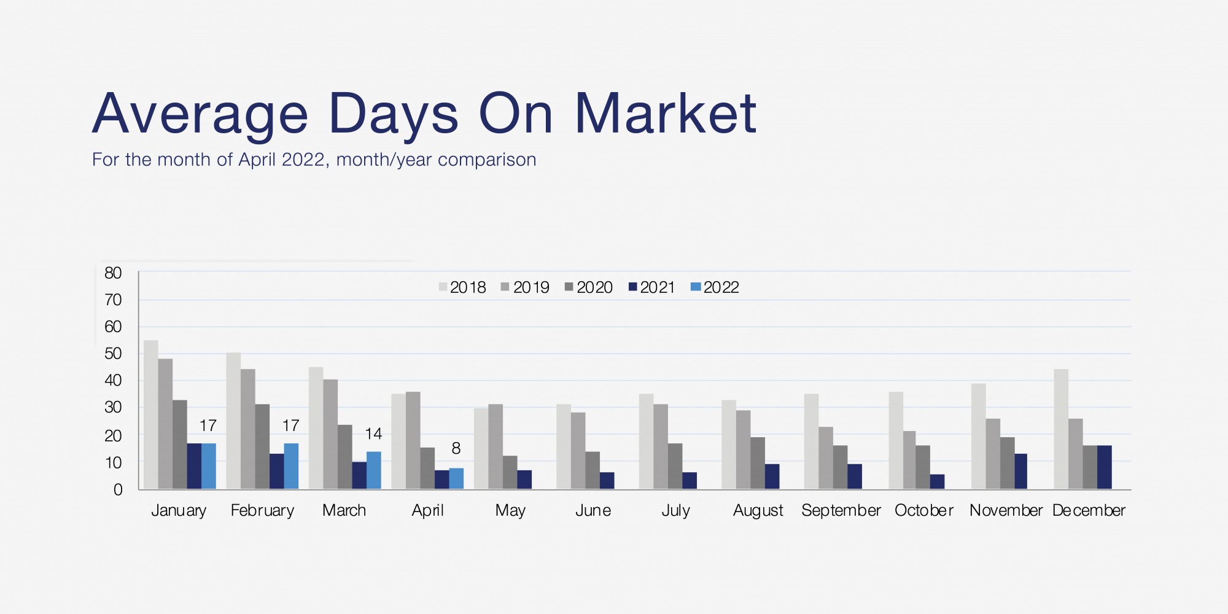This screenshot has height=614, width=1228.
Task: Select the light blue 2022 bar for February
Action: coord(291,466)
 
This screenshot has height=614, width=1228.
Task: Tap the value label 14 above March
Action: coord(373,434)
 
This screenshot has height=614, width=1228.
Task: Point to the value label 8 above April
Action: coord(456,449)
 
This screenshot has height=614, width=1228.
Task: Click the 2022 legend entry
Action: coord(715,287)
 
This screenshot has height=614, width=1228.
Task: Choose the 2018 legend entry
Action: coord(462,287)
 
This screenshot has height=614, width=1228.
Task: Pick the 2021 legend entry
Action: coord(651,287)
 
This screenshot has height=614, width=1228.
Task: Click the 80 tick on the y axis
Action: coord(113,273)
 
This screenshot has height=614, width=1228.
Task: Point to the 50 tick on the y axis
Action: coord(113,354)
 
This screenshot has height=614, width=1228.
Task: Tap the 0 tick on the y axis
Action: coord(118,490)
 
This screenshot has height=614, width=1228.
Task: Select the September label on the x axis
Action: coord(841,511)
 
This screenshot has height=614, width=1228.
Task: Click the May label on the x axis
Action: coord(510,511)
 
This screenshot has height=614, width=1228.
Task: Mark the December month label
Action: coord(1089,511)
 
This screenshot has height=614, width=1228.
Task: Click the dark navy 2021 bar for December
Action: coord(1105,467)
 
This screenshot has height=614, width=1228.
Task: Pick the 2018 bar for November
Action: coord(979,437)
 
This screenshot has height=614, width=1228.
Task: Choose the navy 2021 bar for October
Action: coord(938,482)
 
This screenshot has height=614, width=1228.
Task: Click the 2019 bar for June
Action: coord(578,451)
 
